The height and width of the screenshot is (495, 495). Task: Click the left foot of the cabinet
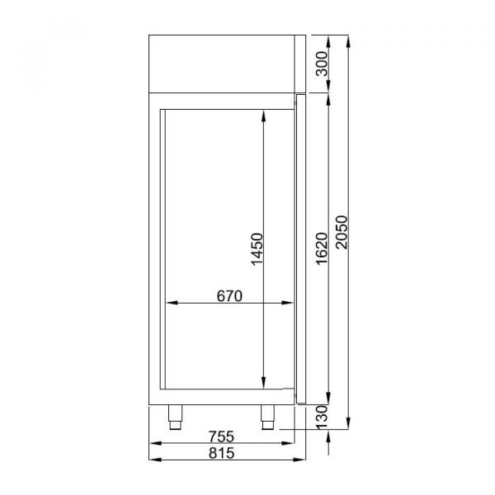pos(176,417)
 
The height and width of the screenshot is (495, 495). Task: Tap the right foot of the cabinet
pos(269,417)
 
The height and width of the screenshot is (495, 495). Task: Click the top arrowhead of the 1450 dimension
pos(263,116)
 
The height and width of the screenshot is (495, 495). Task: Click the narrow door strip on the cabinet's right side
pos(299,247)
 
